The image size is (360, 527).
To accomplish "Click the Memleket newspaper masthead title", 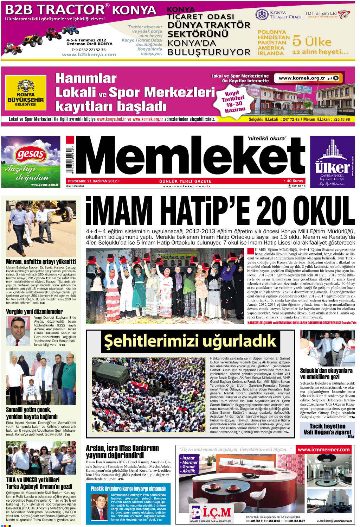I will point(190,157).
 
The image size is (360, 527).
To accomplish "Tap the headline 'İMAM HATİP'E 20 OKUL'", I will point(220,211).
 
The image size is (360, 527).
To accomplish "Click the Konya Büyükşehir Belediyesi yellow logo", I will point(26,93).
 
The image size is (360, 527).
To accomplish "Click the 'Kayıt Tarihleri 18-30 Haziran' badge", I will point(234,101).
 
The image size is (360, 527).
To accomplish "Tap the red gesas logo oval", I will point(31,154).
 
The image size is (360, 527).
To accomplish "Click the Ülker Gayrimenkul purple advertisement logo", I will point(332,162).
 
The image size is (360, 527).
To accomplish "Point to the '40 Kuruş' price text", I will point(294,181).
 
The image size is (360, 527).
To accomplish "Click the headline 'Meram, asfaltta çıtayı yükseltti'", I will point(41,262).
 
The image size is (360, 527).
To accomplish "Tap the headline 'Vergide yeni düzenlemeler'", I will point(34,311).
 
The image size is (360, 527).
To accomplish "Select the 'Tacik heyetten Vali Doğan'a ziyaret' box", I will point(327,430).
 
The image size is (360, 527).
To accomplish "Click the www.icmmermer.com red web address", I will point(323,449).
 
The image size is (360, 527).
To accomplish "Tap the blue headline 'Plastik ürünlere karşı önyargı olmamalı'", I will point(128,488).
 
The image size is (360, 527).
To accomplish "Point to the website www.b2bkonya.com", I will point(89,55).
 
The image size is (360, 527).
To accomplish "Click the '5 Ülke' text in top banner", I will point(311,41).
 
